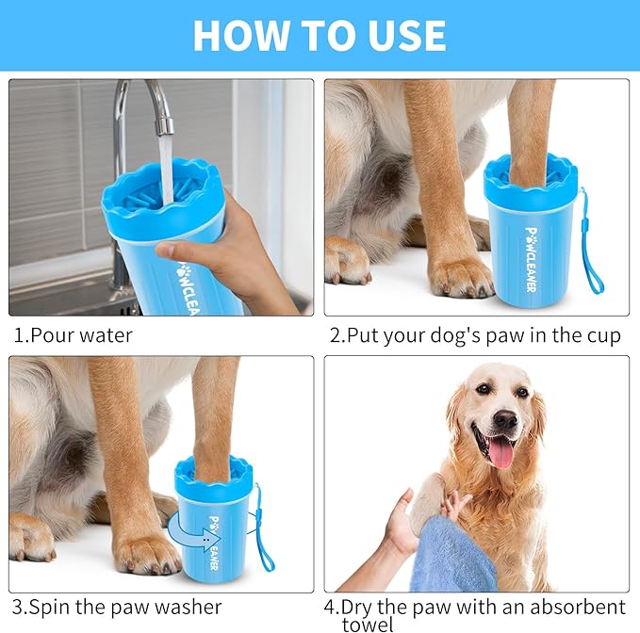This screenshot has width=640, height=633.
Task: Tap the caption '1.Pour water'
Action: pyautogui.click(x=74, y=335)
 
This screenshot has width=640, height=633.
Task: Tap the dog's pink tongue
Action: pyautogui.click(x=501, y=453)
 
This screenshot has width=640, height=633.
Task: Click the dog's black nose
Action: pyautogui.click(x=505, y=420)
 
